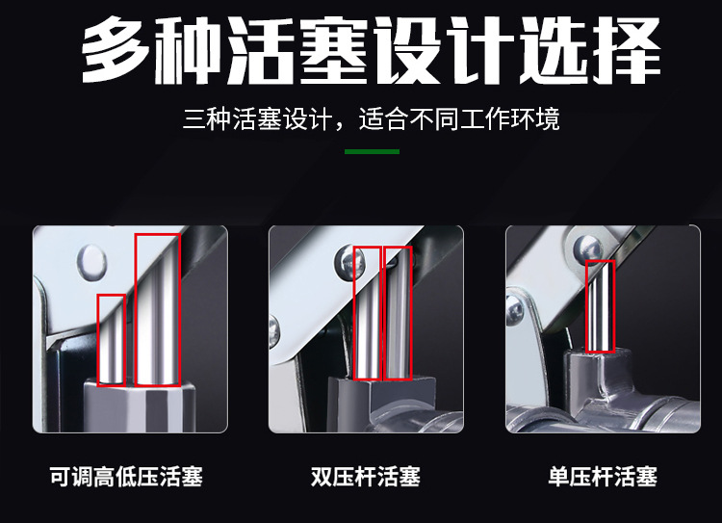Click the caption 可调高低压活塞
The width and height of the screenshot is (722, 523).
click(126, 477)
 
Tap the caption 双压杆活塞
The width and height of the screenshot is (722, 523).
click(366, 477)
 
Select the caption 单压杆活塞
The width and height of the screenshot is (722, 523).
click(603, 477)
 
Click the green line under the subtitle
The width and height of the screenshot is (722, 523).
click(372, 151)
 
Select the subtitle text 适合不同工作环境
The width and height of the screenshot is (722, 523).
click(459, 119)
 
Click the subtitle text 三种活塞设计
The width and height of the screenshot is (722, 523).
click(257, 119)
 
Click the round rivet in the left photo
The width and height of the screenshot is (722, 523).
click(92, 263)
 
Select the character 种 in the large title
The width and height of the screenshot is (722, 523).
click(189, 51)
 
